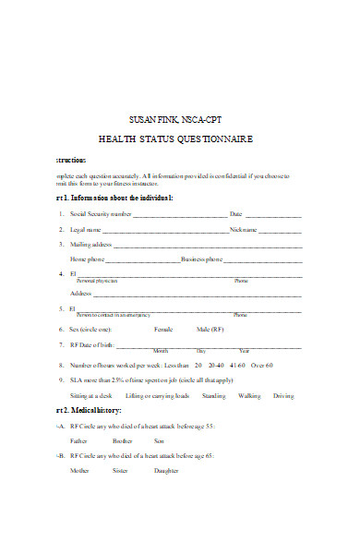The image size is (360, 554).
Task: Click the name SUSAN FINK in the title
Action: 150,119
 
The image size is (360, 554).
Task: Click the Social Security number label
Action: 102,214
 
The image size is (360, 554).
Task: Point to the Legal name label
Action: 86,229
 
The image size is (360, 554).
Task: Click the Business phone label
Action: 202,259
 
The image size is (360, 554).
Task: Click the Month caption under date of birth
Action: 161,351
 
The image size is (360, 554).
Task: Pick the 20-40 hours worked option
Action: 221,365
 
